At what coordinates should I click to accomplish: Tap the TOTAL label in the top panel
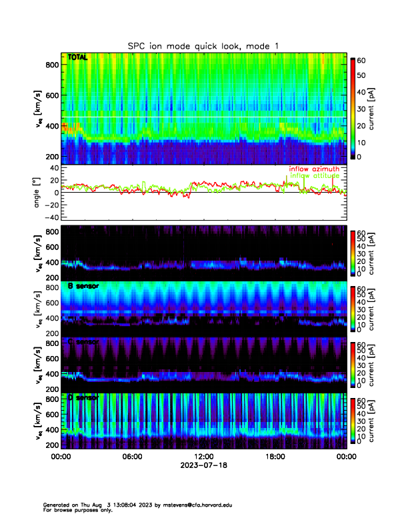pos(77,58)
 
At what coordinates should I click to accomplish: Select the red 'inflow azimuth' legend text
pos(313,169)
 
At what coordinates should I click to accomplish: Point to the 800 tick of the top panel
pos(52,65)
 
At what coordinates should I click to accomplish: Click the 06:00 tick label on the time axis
pos(132,457)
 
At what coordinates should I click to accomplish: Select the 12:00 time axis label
pos(203,457)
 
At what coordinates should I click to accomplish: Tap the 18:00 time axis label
pos(275,457)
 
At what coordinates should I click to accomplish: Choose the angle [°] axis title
pos(37,193)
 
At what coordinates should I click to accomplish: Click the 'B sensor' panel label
pos(80,286)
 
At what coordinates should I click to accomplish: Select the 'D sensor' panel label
pos(83,397)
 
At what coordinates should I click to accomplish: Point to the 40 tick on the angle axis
pos(52,169)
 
